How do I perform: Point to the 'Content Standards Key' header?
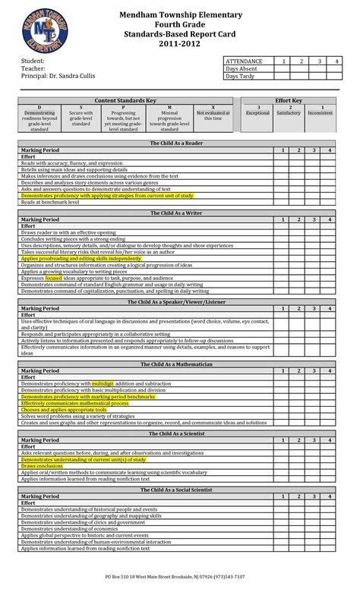125,100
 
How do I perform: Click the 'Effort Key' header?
289,100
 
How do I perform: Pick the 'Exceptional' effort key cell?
258,112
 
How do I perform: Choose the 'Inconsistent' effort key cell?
320,112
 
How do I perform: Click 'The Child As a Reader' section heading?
176,143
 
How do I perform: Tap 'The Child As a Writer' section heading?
176,213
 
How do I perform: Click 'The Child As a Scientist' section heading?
176,433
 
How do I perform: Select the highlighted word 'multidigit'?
103,384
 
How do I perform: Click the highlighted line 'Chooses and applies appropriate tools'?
69,409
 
